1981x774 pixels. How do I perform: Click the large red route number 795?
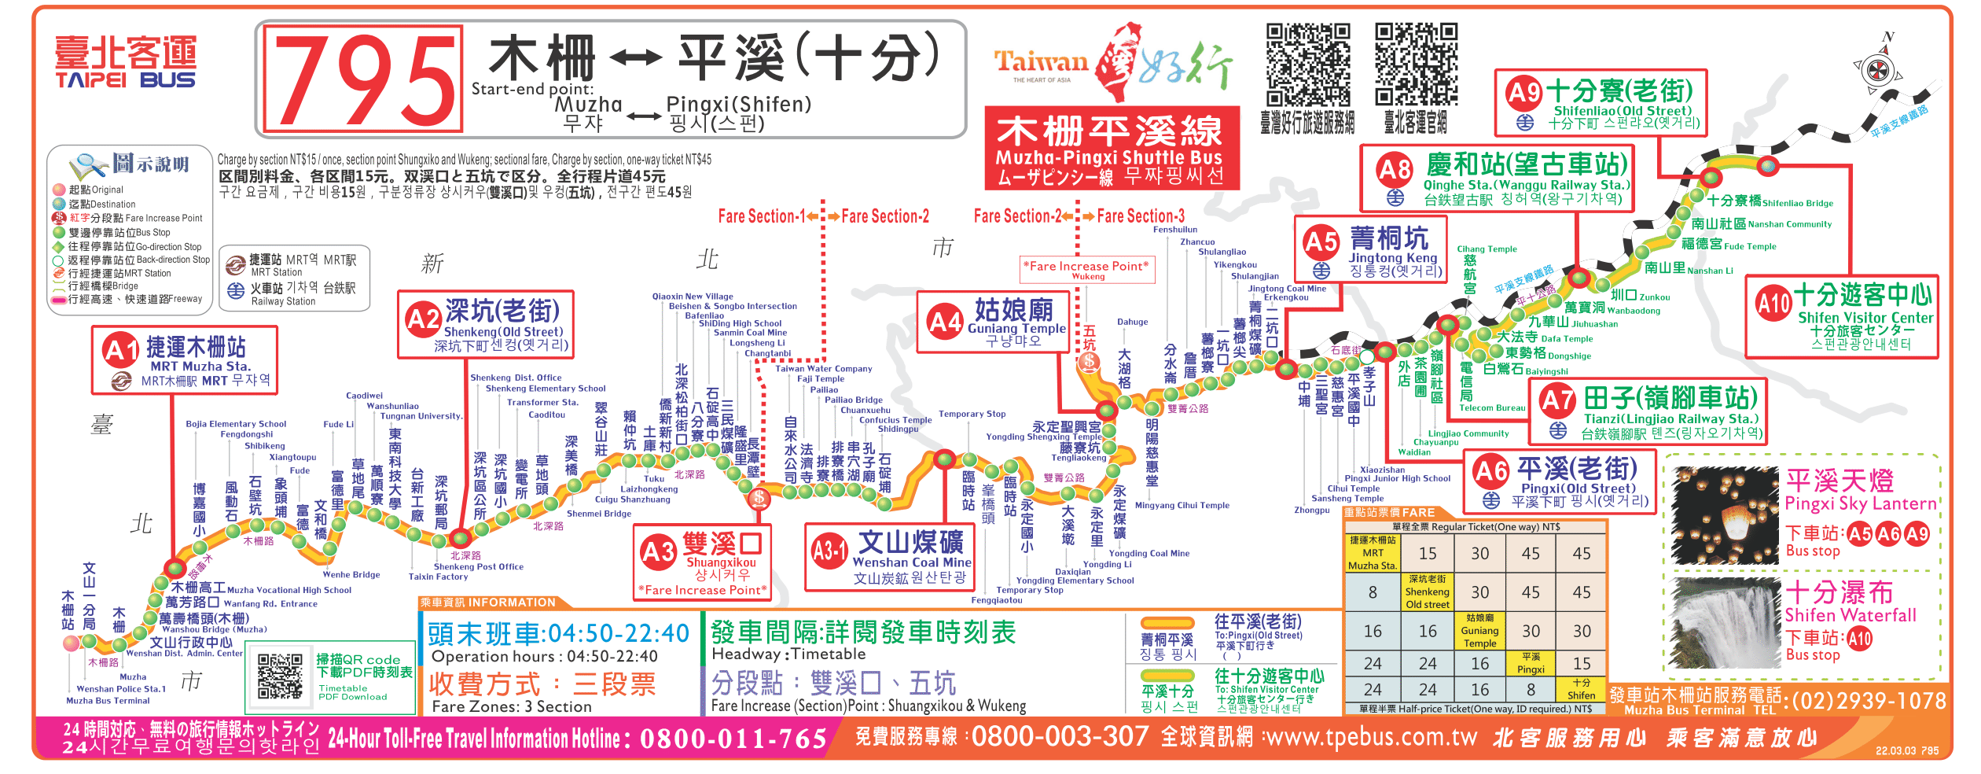coord(363,79)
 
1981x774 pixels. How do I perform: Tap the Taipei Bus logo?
coord(125,61)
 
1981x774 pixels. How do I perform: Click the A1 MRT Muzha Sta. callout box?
coord(186,360)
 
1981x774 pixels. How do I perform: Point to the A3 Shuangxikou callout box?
coord(702,562)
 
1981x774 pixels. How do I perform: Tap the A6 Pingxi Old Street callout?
coord(1560,481)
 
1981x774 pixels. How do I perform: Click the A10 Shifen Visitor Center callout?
coord(1842,316)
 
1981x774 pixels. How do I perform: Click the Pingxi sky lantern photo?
coord(1725,515)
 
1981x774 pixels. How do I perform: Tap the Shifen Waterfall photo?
coord(1725,621)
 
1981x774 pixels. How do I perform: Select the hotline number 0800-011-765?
coord(733,739)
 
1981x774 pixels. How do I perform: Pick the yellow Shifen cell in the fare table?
coord(1581,689)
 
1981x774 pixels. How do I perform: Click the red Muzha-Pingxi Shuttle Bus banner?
coord(1112,149)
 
